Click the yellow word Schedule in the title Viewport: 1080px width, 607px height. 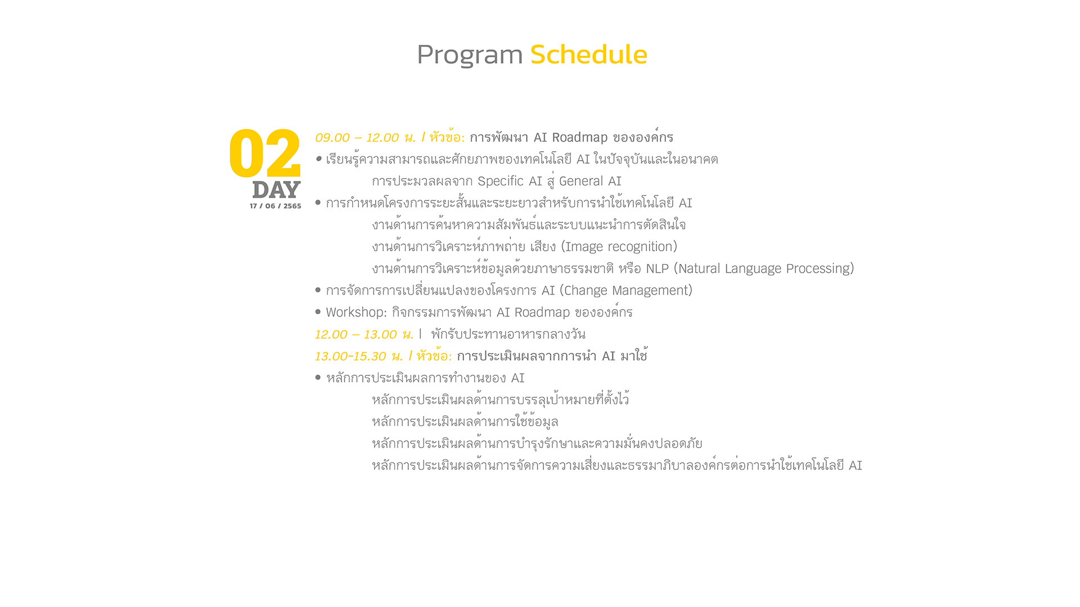click(x=588, y=55)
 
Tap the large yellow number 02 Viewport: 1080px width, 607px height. click(x=265, y=153)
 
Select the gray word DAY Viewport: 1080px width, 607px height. click(x=276, y=190)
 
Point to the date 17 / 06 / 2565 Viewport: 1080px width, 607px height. click(x=276, y=206)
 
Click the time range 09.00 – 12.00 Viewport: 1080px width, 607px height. click(x=357, y=138)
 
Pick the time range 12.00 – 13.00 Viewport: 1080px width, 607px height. click(x=355, y=334)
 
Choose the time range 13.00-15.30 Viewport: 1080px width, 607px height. click(x=350, y=356)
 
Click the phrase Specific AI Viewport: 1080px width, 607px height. click(x=510, y=182)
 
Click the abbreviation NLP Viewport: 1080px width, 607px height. click(x=657, y=269)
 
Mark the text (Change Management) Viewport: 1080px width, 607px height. click(x=626, y=291)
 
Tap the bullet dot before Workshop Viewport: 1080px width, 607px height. click(x=318, y=311)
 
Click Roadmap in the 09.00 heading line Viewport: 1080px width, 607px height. click(x=579, y=138)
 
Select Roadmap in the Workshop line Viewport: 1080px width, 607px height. click(x=542, y=312)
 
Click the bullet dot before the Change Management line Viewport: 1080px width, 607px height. click(x=318, y=290)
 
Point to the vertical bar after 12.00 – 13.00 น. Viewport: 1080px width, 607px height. click(x=420, y=334)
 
